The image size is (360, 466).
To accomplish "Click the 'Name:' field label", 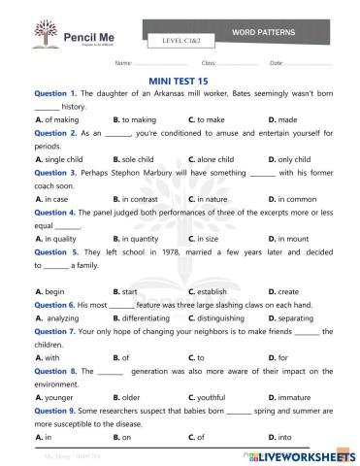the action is click(122, 62).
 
